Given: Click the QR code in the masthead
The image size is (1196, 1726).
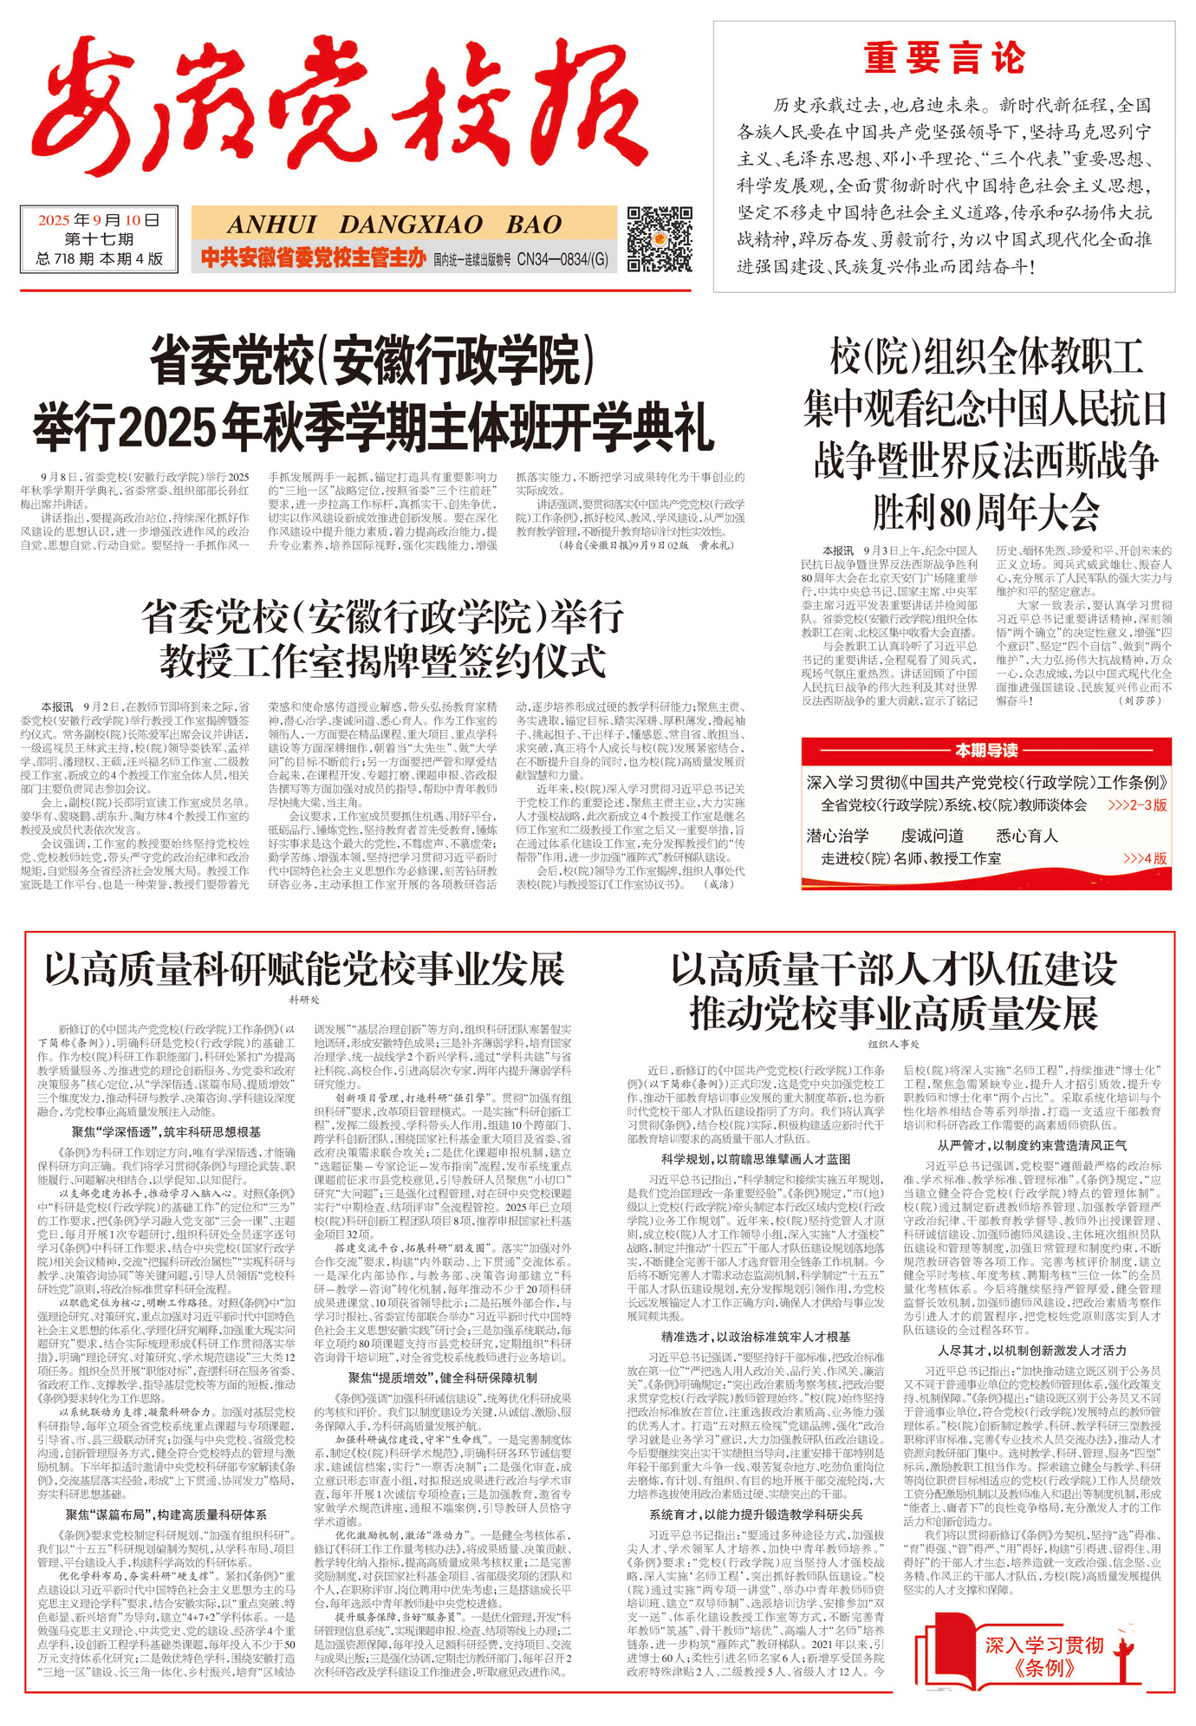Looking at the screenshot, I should coord(659,239).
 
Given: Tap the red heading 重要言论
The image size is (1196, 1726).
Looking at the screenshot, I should coord(944,59).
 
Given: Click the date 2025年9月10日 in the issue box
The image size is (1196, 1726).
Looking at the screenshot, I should coord(99,220).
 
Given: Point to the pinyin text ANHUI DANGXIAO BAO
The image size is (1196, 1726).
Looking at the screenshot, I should coord(394,225).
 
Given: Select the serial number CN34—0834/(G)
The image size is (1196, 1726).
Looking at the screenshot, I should coord(562,258).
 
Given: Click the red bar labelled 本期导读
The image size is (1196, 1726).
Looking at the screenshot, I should coord(986,751).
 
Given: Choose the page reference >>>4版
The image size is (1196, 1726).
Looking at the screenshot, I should coord(1145,858).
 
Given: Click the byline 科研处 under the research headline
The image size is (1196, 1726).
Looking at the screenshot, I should coord(304,1000).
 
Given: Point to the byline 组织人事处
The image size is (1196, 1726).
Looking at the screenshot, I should coord(893,1044).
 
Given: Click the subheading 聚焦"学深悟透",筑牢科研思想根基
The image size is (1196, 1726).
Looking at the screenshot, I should coord(166,1131).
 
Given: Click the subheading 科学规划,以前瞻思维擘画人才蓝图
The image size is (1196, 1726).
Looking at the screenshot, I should coord(756,1158).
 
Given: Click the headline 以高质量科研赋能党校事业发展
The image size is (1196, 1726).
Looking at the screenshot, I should coord(304,968).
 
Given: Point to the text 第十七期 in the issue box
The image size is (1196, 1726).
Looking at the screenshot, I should coord(99,239).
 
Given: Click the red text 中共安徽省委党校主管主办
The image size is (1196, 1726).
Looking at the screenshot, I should coord(313,257).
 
